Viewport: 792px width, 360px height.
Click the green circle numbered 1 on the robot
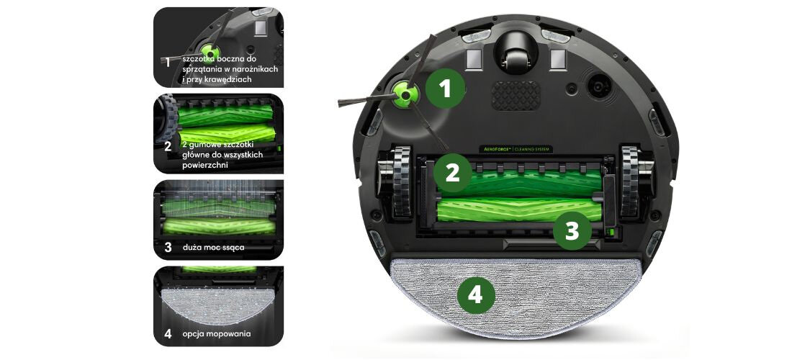point(446,89)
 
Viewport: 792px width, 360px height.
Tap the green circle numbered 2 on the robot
point(452,173)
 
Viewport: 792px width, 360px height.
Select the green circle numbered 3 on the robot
point(572,231)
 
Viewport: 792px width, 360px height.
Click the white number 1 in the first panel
point(168,63)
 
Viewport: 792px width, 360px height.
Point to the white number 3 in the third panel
point(167,247)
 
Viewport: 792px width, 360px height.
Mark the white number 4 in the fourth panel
point(168,334)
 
